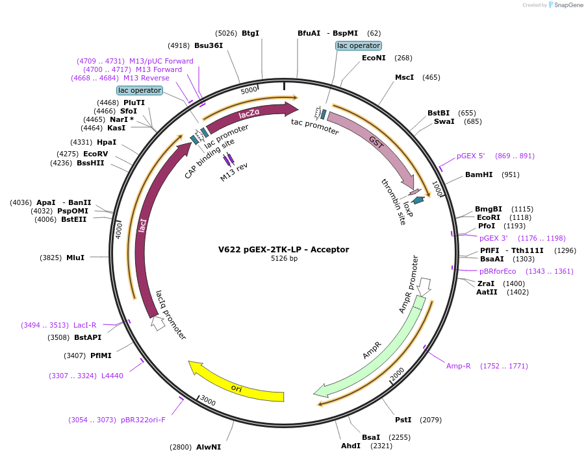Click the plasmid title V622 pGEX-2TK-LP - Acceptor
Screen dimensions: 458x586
pos(284,249)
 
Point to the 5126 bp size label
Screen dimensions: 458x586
pos(284,259)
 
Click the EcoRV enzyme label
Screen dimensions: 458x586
pos(96,154)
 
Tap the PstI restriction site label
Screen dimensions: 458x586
pos(403,420)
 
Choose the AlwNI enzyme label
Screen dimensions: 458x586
pos(209,447)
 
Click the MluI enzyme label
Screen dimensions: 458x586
pos(75,258)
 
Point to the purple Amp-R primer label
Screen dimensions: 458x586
pos(458,366)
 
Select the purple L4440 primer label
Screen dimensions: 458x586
pos(112,376)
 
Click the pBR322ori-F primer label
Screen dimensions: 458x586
pos(143,420)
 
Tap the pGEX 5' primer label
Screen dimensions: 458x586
pos(471,156)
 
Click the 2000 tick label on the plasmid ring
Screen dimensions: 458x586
pos(397,374)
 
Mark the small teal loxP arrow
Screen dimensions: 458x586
pos(418,200)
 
